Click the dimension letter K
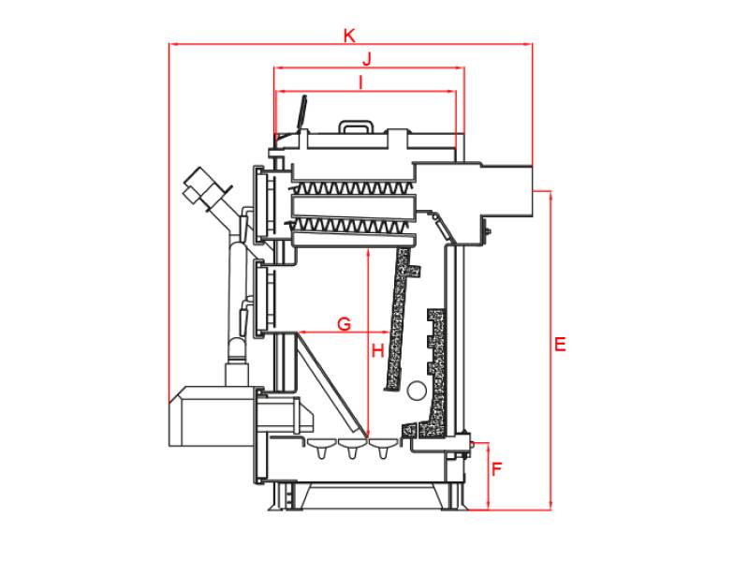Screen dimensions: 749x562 (349, 36)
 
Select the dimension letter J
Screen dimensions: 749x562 (367, 59)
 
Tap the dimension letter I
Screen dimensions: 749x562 (361, 82)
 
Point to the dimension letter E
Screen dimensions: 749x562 (560, 344)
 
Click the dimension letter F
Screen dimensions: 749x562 (497, 469)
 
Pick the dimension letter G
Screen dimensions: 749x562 (344, 324)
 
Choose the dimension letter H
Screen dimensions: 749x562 (378, 351)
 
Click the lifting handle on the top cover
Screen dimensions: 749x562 (356, 126)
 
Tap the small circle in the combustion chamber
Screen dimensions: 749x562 (417, 391)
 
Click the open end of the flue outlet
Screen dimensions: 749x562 (532, 191)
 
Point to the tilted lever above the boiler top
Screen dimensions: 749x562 (301, 112)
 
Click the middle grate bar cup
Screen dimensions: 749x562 (353, 448)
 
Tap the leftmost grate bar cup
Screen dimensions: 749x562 (322, 448)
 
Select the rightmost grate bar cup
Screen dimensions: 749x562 (383, 448)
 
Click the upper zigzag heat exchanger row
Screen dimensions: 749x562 (352, 188)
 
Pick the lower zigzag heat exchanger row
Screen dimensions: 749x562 (352, 226)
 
